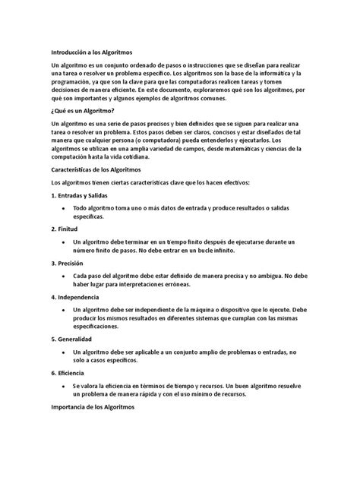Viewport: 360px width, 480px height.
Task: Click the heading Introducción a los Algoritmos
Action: pos(91,52)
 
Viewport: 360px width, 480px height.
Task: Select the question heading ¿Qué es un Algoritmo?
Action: pos(83,111)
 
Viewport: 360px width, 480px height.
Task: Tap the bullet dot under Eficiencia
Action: pos(65,386)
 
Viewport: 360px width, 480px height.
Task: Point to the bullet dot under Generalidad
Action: pos(65,352)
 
